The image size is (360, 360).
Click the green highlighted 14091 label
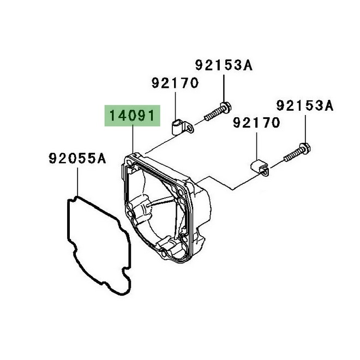tap(132, 116)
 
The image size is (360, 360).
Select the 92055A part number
tap(77, 158)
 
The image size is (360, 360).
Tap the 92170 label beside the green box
tap(175, 83)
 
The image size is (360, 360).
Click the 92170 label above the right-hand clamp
tap(256, 122)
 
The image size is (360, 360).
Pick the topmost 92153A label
tap(224, 65)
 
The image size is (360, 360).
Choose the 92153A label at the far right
tap(305, 106)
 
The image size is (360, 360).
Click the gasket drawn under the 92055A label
tap(99, 245)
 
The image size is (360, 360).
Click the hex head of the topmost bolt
tap(226, 107)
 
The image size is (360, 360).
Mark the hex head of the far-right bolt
tap(305, 148)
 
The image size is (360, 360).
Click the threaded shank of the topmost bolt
tap(212, 115)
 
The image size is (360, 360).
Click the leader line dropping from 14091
tap(133, 139)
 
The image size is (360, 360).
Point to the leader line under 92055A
tap(77, 182)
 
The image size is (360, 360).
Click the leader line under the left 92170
tap(175, 106)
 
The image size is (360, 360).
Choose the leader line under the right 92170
tap(256, 146)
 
